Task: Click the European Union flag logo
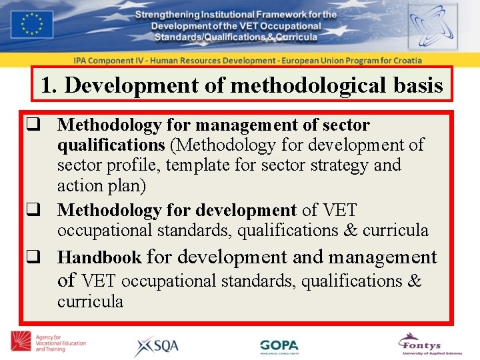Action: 33,24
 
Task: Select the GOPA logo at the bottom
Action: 279,347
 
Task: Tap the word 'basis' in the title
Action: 418,85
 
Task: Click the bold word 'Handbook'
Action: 99,257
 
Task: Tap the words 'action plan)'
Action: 101,185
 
